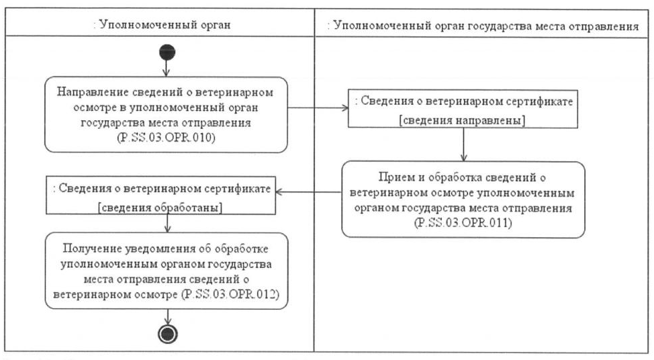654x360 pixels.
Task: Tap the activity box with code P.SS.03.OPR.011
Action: pos(463,199)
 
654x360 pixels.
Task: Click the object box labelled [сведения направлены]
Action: pos(463,110)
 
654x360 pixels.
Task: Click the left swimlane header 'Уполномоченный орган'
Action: pos(161,26)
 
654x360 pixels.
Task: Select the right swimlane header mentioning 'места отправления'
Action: pos(483,26)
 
